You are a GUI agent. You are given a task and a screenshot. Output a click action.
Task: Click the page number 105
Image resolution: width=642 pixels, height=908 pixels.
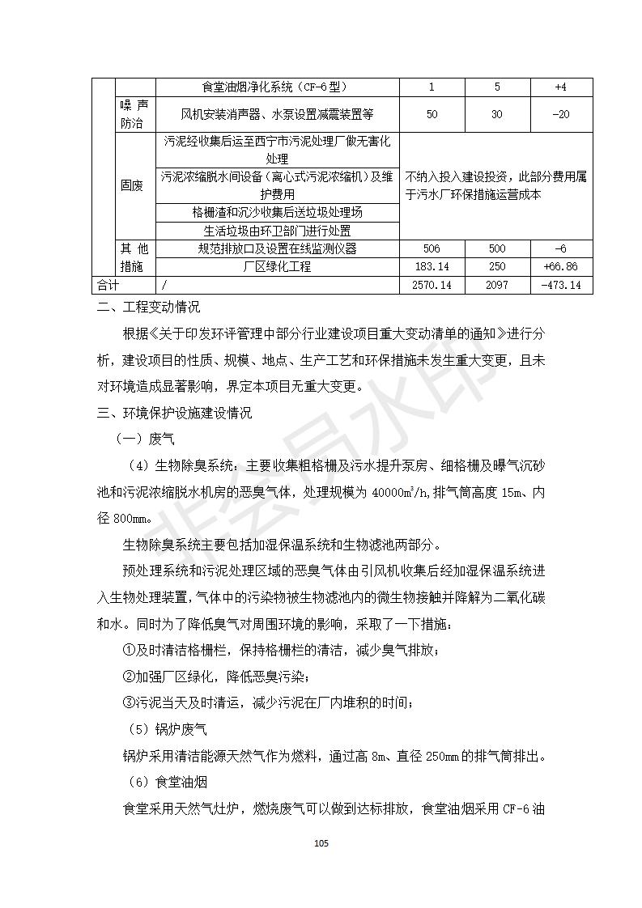pyautogui.click(x=321, y=843)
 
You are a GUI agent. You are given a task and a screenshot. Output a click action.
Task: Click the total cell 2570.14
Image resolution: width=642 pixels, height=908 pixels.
pyautogui.click(x=432, y=285)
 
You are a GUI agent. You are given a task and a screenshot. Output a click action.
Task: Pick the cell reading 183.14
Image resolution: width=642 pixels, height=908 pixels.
pyautogui.click(x=432, y=267)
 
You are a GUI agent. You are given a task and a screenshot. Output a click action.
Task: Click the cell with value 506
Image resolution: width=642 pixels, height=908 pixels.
pyautogui.click(x=432, y=248)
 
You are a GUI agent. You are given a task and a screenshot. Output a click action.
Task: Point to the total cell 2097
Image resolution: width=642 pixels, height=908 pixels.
pyautogui.click(x=497, y=285)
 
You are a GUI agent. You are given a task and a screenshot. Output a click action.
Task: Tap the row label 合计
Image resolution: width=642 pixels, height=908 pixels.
pyautogui.click(x=108, y=285)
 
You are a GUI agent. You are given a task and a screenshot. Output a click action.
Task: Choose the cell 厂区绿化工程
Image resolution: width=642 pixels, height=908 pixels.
pyautogui.click(x=278, y=267)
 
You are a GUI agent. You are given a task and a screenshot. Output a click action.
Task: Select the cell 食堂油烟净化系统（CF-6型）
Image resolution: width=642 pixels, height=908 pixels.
pyautogui.click(x=278, y=87)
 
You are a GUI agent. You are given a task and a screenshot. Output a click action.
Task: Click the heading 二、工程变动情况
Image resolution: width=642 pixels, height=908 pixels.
pyautogui.click(x=149, y=308)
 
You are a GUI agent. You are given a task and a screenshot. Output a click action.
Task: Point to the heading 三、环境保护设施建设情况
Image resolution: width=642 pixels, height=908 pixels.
pyautogui.click(x=175, y=413)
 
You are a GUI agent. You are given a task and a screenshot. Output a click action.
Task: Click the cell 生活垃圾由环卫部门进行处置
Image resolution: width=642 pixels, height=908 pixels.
pyautogui.click(x=278, y=231)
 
